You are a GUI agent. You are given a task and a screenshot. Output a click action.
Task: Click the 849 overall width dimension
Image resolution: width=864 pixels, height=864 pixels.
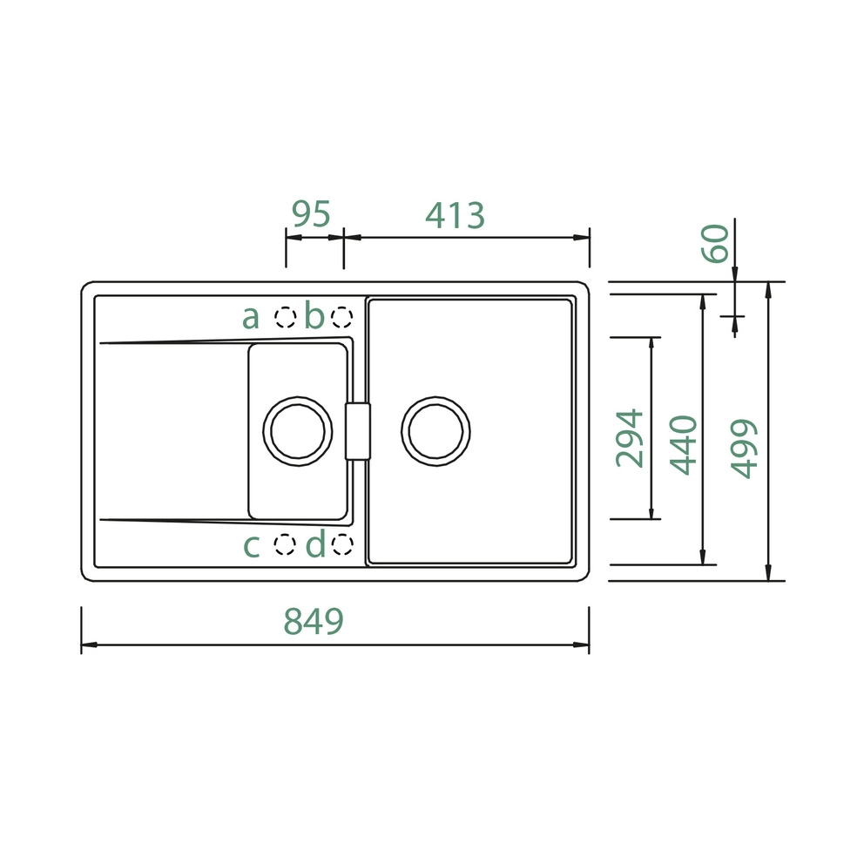pos(314,620)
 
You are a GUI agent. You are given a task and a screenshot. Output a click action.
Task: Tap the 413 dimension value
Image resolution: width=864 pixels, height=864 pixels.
pos(456,215)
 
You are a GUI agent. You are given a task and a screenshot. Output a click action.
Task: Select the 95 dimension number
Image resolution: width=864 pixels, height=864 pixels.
pos(311,213)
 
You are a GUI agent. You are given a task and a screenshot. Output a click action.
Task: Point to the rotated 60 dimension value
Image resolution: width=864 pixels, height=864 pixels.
pos(715,243)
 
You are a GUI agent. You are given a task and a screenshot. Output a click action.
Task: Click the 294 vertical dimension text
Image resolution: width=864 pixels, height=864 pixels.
pos(630,438)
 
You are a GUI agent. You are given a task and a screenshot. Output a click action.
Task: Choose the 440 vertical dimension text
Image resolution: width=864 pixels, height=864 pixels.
pos(683,445)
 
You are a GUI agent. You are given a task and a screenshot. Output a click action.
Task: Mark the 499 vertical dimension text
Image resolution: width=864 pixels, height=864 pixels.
pos(744,449)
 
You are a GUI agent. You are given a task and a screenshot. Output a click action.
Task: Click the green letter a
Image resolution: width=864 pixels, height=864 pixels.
pos(251,317)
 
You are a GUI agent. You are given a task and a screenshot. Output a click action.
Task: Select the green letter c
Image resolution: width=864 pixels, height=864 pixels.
pos(251,546)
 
